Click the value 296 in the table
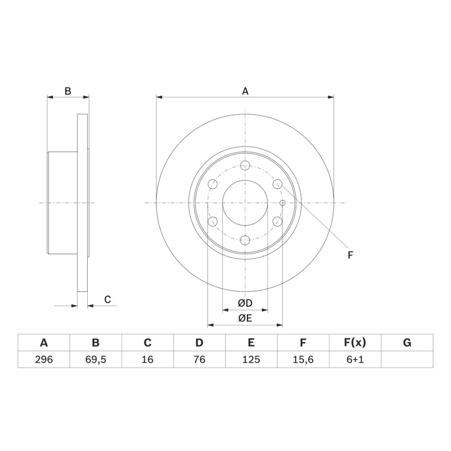44,359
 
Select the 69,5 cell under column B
96,359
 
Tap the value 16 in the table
147,359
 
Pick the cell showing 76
199,359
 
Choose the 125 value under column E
251,359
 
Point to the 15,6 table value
303,359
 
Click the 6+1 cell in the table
355,359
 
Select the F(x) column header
355,343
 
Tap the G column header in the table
407,343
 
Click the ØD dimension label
245,303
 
